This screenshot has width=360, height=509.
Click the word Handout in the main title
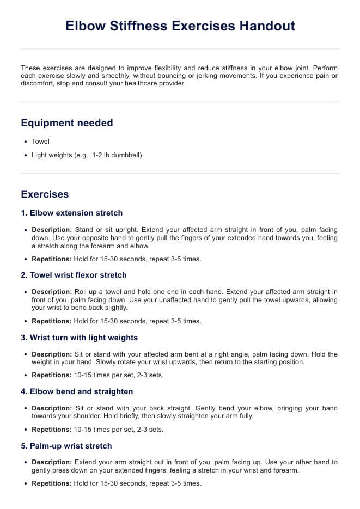point(265,26)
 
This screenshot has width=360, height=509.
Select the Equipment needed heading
point(67,123)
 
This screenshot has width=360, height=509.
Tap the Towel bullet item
point(40,142)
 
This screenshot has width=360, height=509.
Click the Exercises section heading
point(45,194)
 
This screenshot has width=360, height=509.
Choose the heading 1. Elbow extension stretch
point(72,213)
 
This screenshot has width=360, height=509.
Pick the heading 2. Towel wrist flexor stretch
point(74,275)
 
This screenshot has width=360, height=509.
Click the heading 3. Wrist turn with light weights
point(80,338)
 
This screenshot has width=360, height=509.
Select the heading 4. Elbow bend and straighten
point(77,391)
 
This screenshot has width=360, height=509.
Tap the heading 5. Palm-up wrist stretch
point(66,446)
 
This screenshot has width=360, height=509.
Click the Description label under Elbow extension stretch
point(52,230)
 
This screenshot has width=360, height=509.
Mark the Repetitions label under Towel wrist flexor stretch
point(52,321)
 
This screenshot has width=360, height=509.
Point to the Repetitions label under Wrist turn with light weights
point(52,375)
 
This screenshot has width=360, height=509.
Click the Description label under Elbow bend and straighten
point(52,408)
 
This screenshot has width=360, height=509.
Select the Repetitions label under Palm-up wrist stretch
point(52,483)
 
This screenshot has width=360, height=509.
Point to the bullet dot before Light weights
point(26,155)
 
